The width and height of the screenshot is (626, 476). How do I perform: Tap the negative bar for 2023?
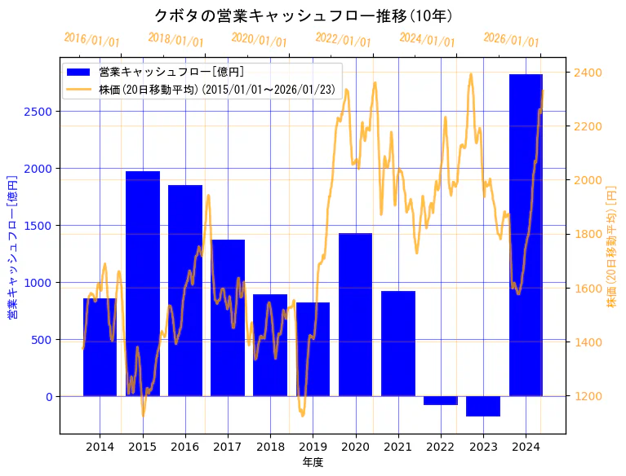(x=483, y=406)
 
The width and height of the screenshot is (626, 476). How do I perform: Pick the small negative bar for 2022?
(x=441, y=400)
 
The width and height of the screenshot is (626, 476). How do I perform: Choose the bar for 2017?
(x=228, y=318)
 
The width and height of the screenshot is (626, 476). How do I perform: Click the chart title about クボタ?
(x=304, y=15)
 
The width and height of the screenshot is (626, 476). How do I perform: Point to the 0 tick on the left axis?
(x=48, y=397)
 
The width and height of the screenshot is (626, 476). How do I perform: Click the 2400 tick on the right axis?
(x=588, y=73)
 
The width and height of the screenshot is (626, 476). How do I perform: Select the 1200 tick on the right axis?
(x=588, y=396)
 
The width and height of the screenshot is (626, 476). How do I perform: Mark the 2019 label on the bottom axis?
(x=313, y=447)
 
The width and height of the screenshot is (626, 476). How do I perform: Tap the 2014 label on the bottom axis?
(x=100, y=447)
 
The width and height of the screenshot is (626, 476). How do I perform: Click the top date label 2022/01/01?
(x=343, y=39)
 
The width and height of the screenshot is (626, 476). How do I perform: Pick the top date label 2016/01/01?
(x=91, y=39)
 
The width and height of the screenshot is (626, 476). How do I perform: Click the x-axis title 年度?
(x=313, y=462)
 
